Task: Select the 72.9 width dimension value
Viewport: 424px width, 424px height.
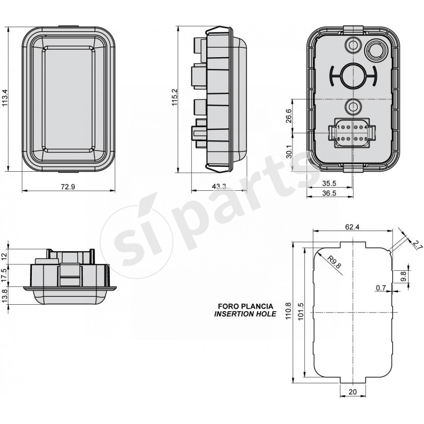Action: point(68,186)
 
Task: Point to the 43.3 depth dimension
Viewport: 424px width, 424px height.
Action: point(218,186)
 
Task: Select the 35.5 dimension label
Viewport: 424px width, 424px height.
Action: point(330,183)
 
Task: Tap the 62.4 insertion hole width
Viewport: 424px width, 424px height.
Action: point(352,227)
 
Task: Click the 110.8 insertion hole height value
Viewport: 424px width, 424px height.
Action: point(288,317)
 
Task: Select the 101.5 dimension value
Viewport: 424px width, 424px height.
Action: point(301,317)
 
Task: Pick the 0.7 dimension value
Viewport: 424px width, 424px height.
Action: point(380,288)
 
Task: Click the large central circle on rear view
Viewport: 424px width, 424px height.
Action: point(352,76)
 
